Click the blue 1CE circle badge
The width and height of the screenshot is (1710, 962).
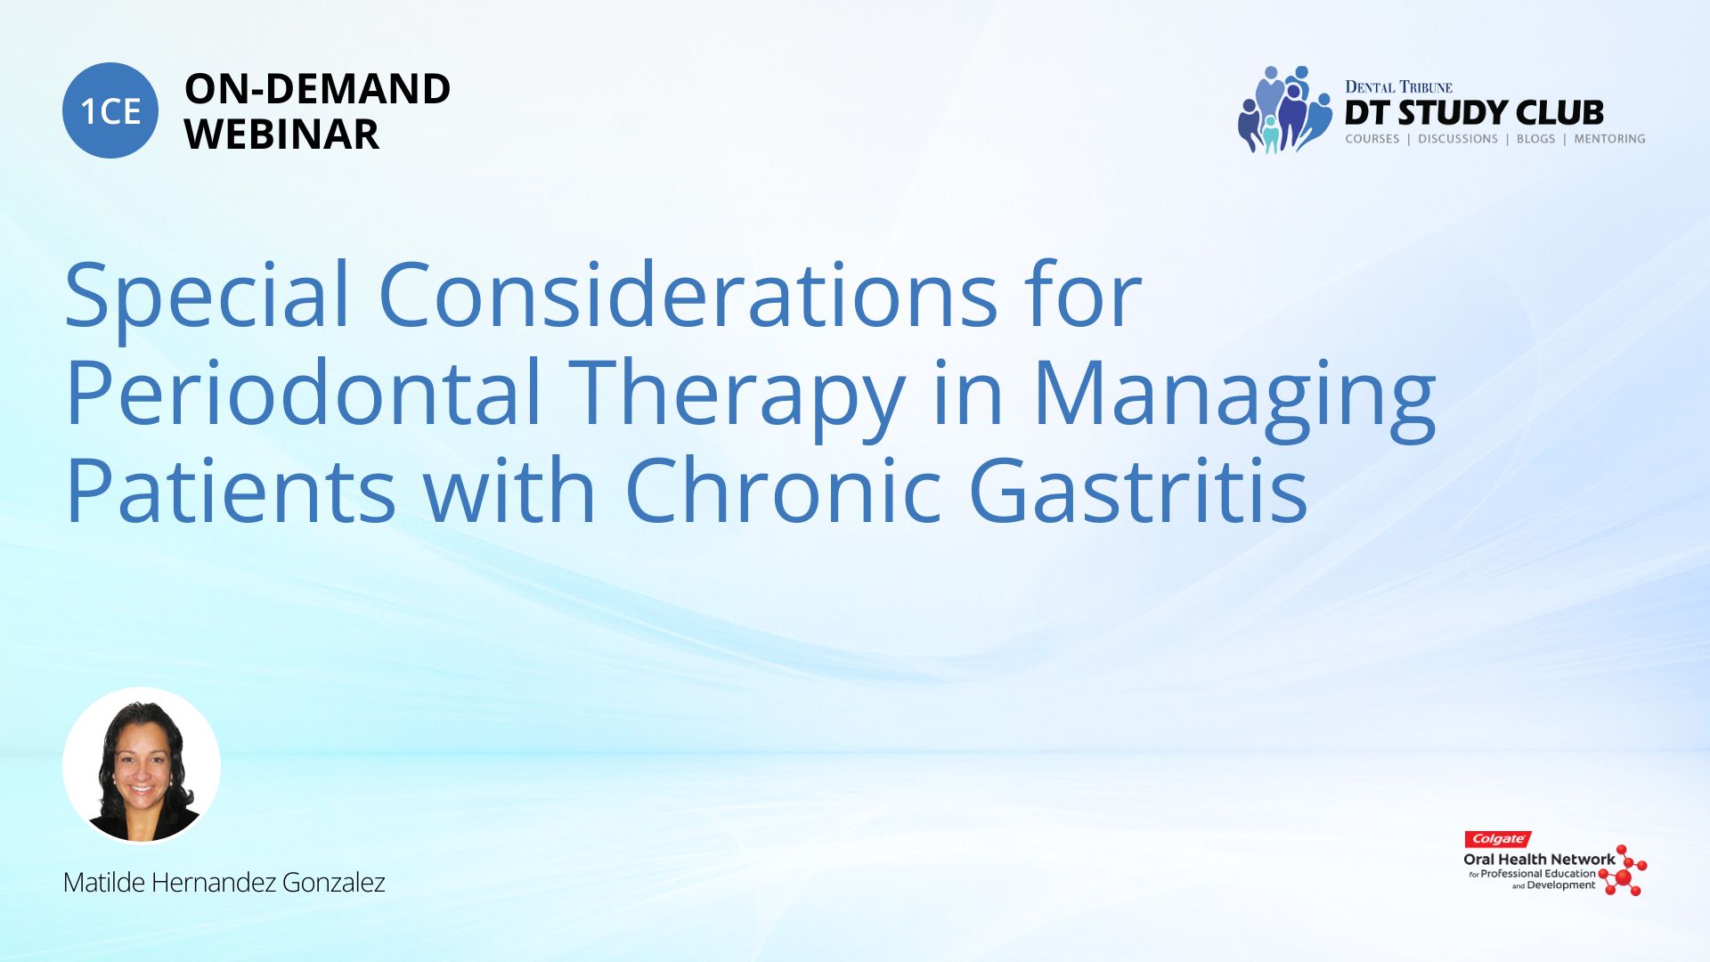click(110, 110)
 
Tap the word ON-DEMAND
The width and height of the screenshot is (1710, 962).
click(317, 89)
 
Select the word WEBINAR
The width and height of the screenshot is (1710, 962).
click(281, 135)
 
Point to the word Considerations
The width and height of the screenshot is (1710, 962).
click(688, 294)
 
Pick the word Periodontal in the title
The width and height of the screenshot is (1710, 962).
click(304, 392)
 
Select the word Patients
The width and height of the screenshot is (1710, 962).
click(230, 491)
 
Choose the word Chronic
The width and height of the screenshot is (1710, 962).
click(784, 489)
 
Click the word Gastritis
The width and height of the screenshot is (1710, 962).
click(1138, 490)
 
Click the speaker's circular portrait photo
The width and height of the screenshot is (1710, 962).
click(142, 765)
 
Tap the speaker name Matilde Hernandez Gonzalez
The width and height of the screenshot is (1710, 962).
click(224, 883)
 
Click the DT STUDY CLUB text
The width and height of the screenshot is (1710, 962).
click(1474, 113)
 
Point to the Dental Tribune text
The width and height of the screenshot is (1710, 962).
click(1398, 87)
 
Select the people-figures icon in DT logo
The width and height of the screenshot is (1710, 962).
click(1283, 109)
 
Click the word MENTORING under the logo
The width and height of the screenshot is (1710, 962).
click(1609, 139)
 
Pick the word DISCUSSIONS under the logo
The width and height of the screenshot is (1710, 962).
click(1458, 139)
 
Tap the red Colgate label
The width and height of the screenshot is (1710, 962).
click(1498, 839)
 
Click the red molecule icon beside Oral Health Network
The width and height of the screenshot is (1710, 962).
click(1624, 870)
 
